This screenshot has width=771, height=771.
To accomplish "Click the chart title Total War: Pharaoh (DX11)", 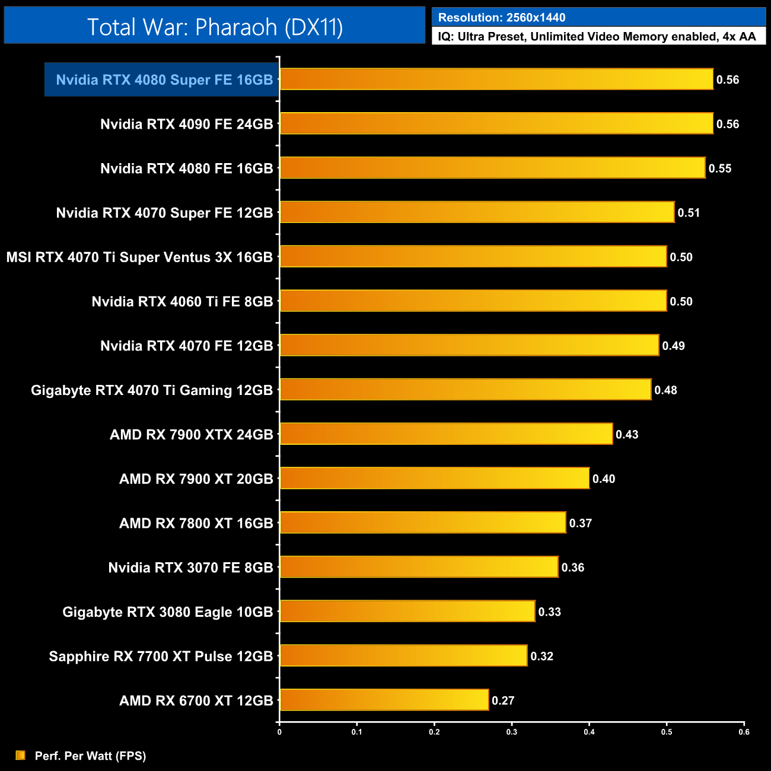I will [x=215, y=27].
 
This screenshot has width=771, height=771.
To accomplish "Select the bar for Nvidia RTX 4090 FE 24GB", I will [x=496, y=123].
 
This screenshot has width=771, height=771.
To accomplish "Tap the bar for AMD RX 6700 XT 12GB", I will [x=384, y=700].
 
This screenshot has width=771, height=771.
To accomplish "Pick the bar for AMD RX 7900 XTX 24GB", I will [x=446, y=434].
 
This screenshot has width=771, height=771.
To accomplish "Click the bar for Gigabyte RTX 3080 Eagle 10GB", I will [x=407, y=611].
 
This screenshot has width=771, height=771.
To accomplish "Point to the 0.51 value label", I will [x=689, y=213].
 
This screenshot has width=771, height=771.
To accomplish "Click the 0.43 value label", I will [x=627, y=435].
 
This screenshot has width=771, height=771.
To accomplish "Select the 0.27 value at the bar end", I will [x=503, y=700].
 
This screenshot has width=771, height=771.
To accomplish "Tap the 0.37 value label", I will [x=581, y=523].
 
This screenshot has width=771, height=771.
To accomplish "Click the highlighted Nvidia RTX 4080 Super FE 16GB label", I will [x=164, y=80].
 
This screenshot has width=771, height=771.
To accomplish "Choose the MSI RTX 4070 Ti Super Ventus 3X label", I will [x=139, y=257].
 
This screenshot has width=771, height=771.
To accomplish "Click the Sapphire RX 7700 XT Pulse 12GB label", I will [x=161, y=657].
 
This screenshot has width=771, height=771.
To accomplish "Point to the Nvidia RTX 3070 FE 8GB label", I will [x=190, y=568].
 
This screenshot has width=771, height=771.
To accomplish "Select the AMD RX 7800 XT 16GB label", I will [x=196, y=523].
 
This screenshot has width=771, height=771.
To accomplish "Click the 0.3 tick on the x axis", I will [x=512, y=732].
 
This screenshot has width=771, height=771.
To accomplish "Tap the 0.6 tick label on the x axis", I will [x=744, y=732].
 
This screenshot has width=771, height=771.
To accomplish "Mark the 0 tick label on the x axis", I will [x=279, y=732].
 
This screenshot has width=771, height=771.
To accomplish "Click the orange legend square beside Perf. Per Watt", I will [x=21, y=755].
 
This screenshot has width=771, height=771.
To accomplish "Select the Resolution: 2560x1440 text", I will [x=502, y=18].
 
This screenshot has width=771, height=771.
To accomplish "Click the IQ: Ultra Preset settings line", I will [x=597, y=37].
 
